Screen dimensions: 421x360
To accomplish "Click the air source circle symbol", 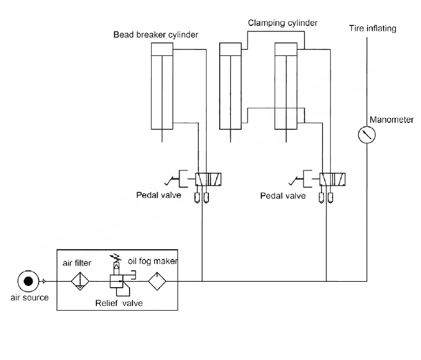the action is point(28,281).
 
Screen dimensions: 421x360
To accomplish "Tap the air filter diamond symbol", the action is point(80,281).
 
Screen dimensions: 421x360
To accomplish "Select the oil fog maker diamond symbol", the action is point(157,281).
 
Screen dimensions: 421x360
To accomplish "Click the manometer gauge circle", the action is point(367,134).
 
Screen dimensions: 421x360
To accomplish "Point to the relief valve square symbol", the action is point(116,281).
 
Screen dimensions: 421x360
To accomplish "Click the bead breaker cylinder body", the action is point(162,86).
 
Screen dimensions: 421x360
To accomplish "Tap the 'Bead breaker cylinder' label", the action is point(156,35).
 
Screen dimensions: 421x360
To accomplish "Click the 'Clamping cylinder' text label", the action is point(282,23).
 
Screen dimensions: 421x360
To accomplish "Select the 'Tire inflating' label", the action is point(372,28).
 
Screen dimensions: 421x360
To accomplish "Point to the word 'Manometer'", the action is point(391,120).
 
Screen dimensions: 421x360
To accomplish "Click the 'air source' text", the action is point(30,297).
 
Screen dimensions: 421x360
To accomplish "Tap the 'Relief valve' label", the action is point(119,303).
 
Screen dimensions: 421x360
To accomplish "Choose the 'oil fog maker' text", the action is point(152,261).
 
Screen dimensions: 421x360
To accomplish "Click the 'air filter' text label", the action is point(76,263).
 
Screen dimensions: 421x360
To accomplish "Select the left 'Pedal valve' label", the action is point(158,195).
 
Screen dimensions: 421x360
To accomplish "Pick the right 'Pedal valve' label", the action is point(282,196).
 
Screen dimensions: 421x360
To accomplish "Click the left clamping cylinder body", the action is point(230,86).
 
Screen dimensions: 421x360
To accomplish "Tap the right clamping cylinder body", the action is point(286,86).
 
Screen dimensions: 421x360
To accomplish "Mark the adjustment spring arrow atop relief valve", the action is point(116,258).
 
